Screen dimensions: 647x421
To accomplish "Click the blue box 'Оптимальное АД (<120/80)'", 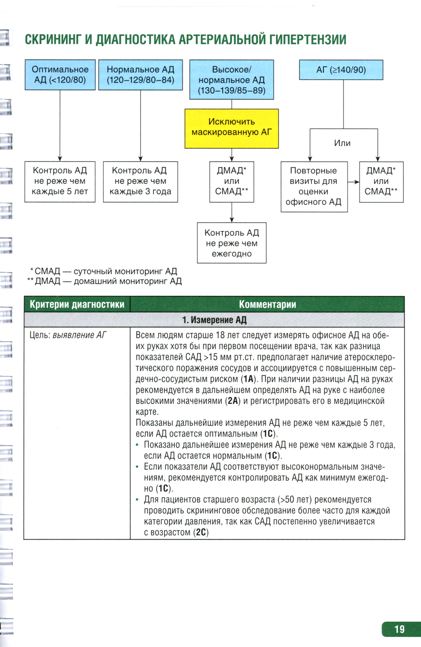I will pos(60,75).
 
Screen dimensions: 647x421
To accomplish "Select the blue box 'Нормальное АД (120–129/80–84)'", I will pos(141,75).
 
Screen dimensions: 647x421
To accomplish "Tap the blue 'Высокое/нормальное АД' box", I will pos(232,80).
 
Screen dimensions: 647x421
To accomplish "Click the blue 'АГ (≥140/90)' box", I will pos(341,70).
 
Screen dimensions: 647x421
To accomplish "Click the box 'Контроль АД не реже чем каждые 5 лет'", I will pos(60,181).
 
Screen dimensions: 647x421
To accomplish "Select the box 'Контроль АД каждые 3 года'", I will pos(141,181).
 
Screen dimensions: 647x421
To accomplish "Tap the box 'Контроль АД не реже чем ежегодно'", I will pos(232,243).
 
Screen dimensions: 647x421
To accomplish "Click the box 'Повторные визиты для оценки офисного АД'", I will pos(314,186).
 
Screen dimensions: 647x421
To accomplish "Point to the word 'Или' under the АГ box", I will pos(342,143).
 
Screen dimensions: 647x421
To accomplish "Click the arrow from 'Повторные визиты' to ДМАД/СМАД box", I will pos(353,182).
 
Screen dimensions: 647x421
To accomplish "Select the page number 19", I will pos(400,629).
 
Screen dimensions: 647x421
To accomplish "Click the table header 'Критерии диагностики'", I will pos(77,304).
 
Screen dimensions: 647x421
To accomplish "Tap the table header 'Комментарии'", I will pos(267,304).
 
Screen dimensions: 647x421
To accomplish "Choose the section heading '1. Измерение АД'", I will pos(214,320).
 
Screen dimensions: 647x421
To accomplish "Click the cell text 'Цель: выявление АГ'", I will pos(68,335).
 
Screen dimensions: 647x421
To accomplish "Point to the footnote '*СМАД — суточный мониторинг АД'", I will pos(104,271).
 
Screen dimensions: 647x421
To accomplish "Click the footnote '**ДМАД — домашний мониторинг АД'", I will pos(104,281).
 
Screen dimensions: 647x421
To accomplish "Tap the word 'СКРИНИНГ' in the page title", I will pos(53,40).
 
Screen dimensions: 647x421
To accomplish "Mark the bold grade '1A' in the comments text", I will pos(249,379).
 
